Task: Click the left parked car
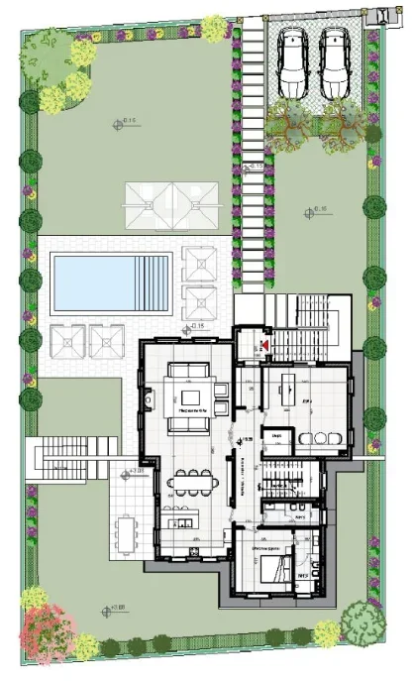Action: pyautogui.click(x=294, y=62)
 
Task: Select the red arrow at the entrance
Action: pyautogui.click(x=263, y=346)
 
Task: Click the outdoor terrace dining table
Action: pyautogui.click(x=125, y=534)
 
